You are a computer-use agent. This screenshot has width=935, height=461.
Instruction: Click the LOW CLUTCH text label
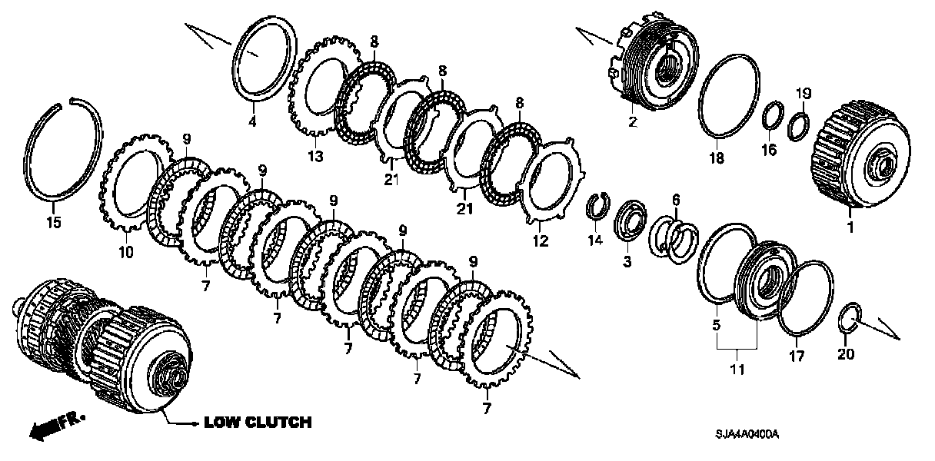(x=257, y=422)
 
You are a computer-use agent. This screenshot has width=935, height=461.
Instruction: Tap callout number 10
(x=126, y=251)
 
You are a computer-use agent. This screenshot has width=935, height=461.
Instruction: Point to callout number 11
(x=737, y=371)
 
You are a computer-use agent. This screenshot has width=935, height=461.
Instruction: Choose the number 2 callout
(x=632, y=122)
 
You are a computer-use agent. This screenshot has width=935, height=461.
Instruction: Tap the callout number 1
(x=850, y=227)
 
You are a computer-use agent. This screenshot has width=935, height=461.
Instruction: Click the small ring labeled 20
(x=849, y=317)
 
